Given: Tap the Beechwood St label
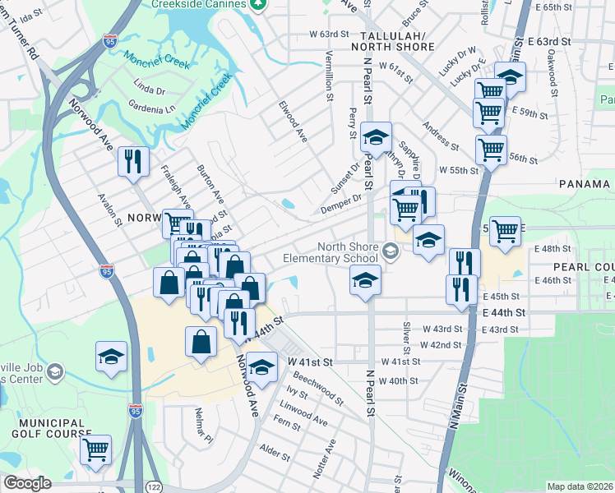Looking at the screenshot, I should [x=318, y=385].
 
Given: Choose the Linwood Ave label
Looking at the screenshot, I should [x=303, y=415].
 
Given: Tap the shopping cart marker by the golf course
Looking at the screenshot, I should [x=95, y=449].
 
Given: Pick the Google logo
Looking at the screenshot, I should [x=27, y=483].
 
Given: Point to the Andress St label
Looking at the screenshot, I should [x=441, y=136].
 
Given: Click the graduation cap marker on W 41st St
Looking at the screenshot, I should [x=262, y=366].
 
